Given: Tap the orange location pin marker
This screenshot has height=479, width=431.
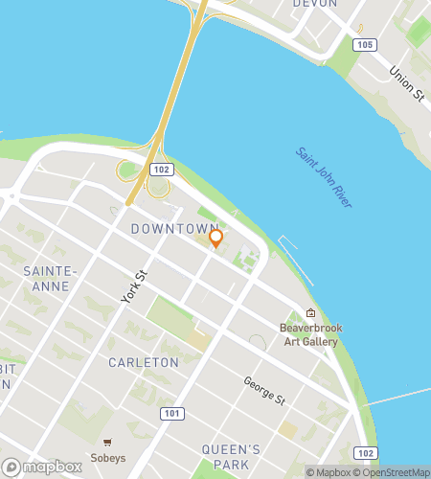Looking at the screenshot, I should click(216, 239).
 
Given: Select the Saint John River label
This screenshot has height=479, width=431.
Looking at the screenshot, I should click(324, 178).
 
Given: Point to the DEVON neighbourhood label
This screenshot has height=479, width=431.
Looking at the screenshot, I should click(315, 4).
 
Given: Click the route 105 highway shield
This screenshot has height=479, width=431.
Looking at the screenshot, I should click(363, 45).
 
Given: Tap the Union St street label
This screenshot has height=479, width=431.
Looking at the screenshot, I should click(407, 82).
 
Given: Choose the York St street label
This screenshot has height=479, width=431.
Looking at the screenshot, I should click(134, 287).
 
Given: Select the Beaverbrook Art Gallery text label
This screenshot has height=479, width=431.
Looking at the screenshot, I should click(311, 334).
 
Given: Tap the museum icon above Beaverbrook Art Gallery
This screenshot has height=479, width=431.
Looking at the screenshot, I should click(310, 313).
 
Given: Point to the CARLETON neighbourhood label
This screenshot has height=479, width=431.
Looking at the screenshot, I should click(144, 363).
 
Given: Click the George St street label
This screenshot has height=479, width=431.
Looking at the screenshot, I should click(264, 389).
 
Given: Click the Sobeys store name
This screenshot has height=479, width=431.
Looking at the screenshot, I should click(108, 457).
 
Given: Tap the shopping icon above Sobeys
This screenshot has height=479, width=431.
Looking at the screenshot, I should click(108, 442).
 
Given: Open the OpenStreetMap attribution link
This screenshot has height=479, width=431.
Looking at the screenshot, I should click(394, 472).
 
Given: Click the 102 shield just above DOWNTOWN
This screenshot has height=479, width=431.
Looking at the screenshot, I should click(162, 169).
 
